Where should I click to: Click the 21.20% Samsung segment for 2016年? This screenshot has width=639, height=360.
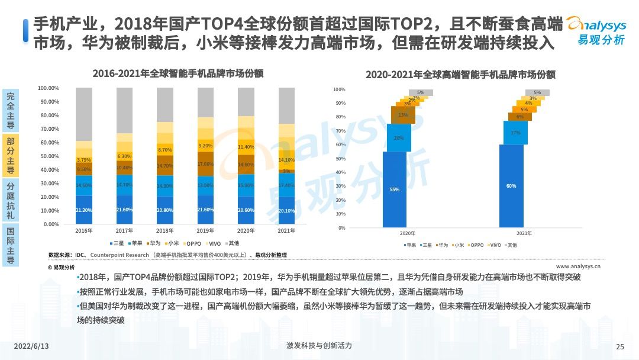click(83, 210)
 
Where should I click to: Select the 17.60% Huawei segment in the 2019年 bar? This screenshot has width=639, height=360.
click(205, 164)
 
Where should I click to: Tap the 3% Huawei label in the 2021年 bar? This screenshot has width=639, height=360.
click(286, 171)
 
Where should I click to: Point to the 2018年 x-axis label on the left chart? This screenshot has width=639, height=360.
click(164, 230)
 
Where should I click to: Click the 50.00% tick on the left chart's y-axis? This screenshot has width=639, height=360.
click(49, 156)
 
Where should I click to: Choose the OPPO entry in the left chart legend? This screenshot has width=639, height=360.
click(189, 243)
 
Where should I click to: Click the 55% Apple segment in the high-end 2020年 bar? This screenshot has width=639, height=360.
click(395, 189)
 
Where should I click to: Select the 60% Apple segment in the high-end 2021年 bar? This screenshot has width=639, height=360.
click(511, 186)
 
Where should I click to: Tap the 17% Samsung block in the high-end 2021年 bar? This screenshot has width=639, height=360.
click(515, 133)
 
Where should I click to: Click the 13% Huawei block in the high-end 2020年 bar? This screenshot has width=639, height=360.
click(403, 115)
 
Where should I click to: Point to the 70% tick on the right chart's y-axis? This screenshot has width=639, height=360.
click(339, 131)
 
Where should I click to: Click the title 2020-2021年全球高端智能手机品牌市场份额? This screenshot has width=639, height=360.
click(460, 75)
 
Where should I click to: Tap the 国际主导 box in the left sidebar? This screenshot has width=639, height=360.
click(11, 244)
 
